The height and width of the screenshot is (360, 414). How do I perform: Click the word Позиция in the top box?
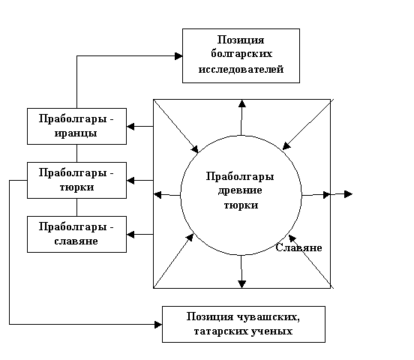pyautogui.click(x=241, y=40)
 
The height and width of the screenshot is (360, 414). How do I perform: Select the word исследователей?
pyautogui.click(x=241, y=69)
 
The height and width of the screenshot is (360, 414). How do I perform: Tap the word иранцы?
pyautogui.click(x=76, y=133)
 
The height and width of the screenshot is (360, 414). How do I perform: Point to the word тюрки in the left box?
pyautogui.click(x=76, y=187)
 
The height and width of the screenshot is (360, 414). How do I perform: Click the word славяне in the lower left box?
pyautogui.click(x=76, y=241)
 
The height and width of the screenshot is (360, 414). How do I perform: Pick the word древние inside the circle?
pyautogui.click(x=240, y=190)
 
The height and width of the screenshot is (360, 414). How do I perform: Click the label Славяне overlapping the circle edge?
pyautogui.click(x=298, y=247)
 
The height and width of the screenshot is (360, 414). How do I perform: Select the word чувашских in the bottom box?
pyautogui.click(x=268, y=316)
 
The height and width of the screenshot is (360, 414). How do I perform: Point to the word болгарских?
pyautogui.click(x=241, y=54)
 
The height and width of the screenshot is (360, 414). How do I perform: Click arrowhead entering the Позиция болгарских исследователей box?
pyautogui.click(x=178, y=56)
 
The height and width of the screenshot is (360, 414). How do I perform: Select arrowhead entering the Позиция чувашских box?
pyautogui.click(x=158, y=325)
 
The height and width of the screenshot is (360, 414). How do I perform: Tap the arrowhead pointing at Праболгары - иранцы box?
pyautogui.click(x=130, y=127)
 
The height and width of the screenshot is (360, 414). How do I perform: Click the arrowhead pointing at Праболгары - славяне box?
pyautogui.click(x=130, y=235)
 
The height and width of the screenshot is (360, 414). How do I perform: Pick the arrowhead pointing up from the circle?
pyautogui.click(x=242, y=103)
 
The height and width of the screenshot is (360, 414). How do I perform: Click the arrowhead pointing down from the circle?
pyautogui.click(x=241, y=284)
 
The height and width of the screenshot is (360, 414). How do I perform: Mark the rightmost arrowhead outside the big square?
pyautogui.click(x=349, y=194)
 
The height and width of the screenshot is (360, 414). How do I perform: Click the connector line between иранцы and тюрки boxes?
pyautogui.click(x=76, y=154)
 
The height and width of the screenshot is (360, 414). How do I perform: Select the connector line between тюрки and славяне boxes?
pyautogui.click(x=76, y=207)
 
